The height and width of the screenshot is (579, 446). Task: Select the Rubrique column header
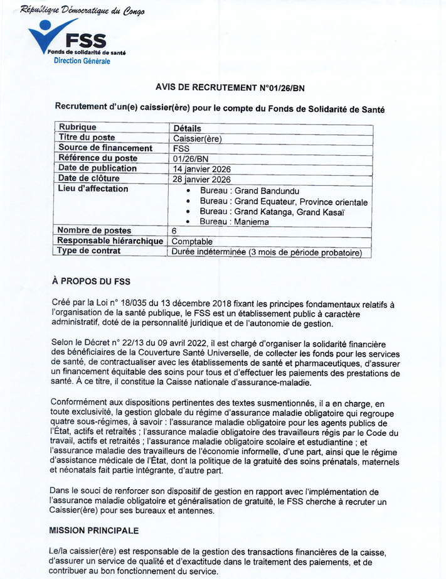[x=77, y=127]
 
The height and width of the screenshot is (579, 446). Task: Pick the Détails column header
[x=186, y=128]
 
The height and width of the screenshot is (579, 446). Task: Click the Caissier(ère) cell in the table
[x=198, y=138]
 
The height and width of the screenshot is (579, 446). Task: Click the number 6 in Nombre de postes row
[x=174, y=231]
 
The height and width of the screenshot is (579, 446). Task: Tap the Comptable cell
[x=193, y=241]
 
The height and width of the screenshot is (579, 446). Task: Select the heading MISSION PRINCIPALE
[x=93, y=531]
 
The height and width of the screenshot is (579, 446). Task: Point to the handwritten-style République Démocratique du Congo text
[x=82, y=11]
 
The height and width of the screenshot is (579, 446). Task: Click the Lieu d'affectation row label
[x=93, y=189]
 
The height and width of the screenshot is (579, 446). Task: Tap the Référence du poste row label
[x=97, y=158]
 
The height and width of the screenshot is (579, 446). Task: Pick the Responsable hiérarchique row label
[x=110, y=241]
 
